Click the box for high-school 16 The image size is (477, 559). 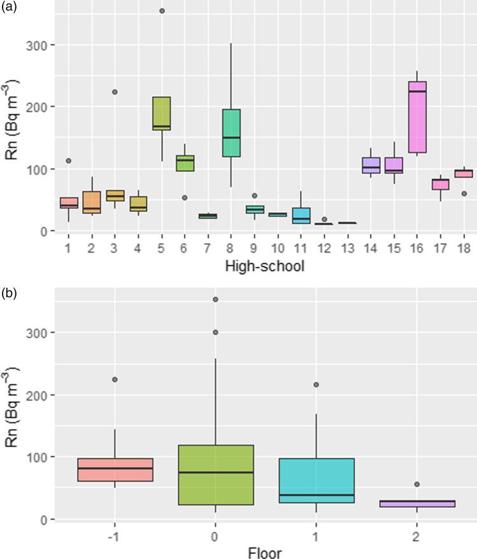click(416, 117)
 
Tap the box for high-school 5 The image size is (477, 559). click(162, 113)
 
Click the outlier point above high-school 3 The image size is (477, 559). click(115, 92)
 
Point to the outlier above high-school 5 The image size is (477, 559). click(162, 11)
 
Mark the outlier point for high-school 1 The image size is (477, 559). click(69, 160)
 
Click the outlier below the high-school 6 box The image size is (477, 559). click(185, 198)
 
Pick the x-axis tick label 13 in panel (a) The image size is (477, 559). click(347, 246)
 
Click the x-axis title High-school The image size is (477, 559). click(264, 265)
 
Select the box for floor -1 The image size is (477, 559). click(115, 469)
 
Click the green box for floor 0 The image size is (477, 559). click(215, 474)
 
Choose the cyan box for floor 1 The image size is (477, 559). click(315, 481)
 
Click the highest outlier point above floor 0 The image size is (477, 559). click(215, 299)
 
